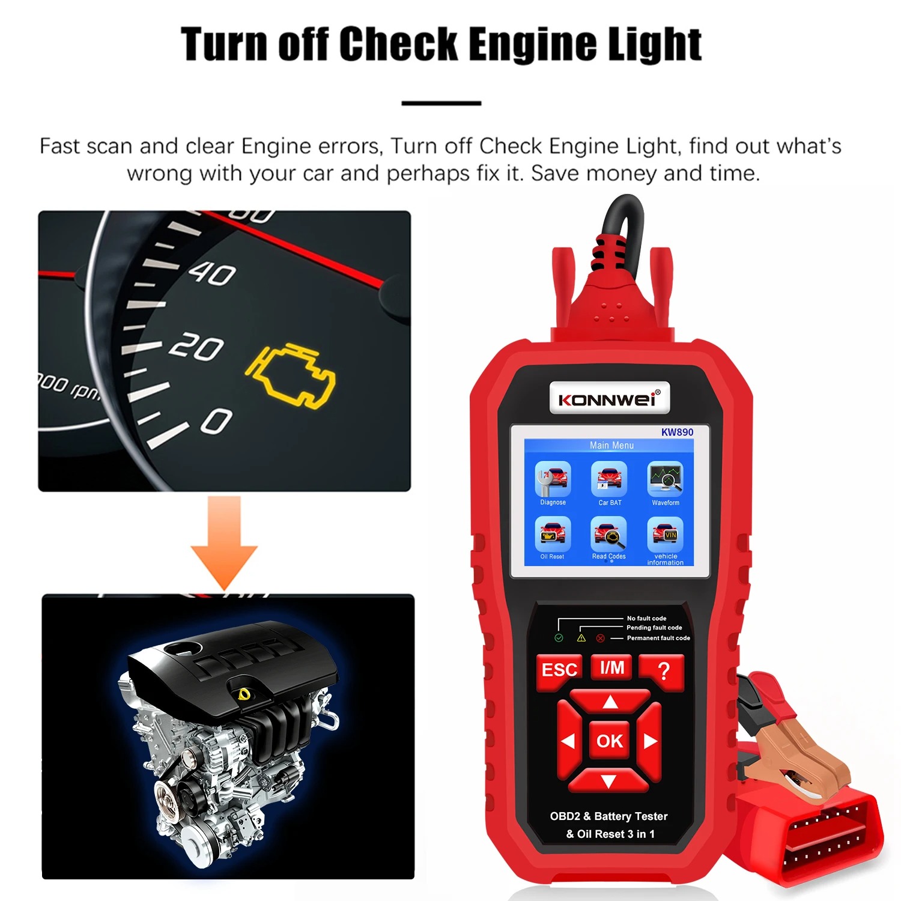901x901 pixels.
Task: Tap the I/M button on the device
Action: coord(611,667)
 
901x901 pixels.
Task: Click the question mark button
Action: coord(663,670)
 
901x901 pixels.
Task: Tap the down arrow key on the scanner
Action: coord(608,780)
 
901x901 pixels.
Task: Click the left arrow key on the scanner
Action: coord(568,741)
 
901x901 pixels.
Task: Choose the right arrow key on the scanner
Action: coord(649,741)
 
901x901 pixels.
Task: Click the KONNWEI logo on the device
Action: coord(609,399)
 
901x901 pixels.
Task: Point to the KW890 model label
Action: coord(677,432)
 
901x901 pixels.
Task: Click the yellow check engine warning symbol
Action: coord(291,375)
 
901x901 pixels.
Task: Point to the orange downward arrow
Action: coord(224,542)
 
